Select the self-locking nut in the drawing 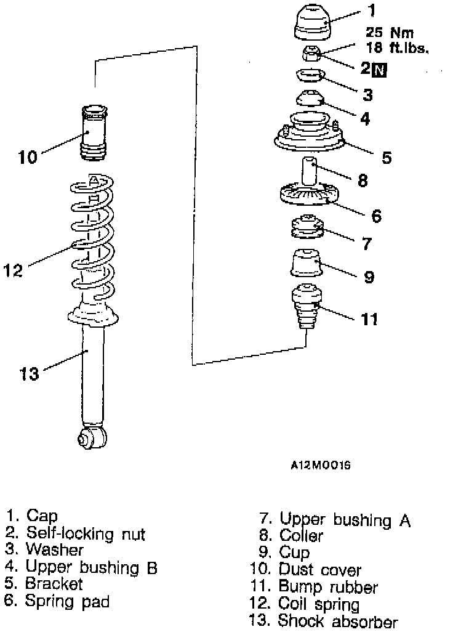pyautogui.click(x=310, y=54)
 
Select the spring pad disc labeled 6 pyautogui.click(x=308, y=195)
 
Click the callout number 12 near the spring pyautogui.click(x=14, y=269)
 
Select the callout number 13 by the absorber pyautogui.click(x=30, y=373)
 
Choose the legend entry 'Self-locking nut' pyautogui.click(x=86, y=533)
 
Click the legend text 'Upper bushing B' pyautogui.click(x=91, y=567)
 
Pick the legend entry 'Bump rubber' pyautogui.click(x=327, y=587)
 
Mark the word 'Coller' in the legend pyautogui.click(x=301, y=536)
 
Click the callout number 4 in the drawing pyautogui.click(x=365, y=118)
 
